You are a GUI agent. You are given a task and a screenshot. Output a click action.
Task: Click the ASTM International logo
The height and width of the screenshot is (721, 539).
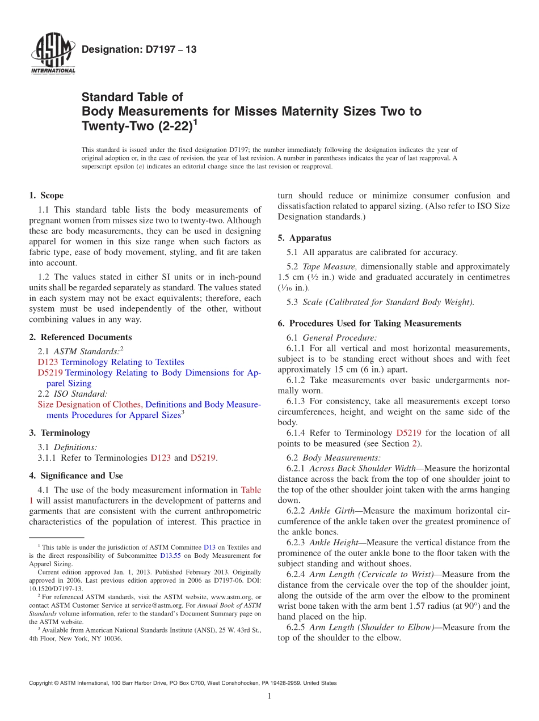click(52, 54)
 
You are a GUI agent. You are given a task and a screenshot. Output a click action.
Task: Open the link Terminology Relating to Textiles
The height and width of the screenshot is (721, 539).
click(122, 362)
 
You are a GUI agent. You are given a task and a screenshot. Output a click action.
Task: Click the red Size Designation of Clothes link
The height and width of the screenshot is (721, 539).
click(90, 405)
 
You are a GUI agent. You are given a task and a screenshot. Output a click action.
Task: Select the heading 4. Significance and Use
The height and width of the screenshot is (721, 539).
click(75, 476)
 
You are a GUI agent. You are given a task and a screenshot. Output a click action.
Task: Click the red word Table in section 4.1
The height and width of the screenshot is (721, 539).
click(251, 490)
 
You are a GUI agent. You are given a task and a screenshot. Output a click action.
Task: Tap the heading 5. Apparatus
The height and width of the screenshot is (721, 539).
click(304, 238)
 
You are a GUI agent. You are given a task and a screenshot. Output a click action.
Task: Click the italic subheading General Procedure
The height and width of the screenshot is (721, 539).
click(339, 338)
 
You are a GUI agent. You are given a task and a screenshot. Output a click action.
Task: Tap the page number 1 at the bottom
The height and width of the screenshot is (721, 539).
click(269, 697)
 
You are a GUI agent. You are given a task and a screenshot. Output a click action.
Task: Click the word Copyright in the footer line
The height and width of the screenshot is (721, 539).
click(40, 684)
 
